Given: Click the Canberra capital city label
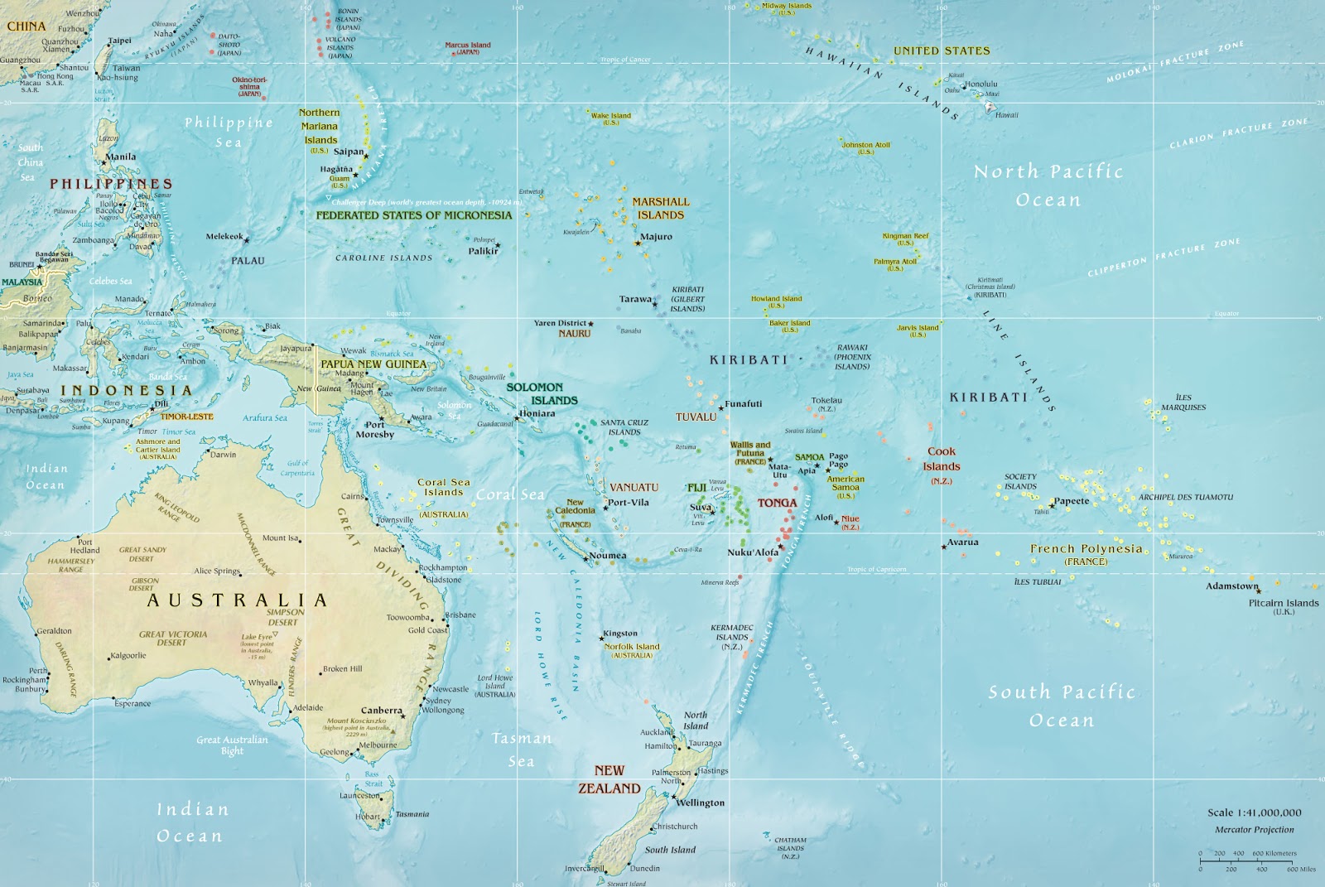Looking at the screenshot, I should pyautogui.click(x=381, y=711).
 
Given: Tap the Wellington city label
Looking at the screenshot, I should pyautogui.click(x=700, y=803).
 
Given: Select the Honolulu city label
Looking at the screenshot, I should pyautogui.click(x=981, y=84).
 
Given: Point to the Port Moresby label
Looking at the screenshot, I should pyautogui.click(x=374, y=429).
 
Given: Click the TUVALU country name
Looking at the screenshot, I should pyautogui.click(x=696, y=417).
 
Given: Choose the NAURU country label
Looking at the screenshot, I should pyautogui.click(x=574, y=334).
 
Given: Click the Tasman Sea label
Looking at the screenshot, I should pyautogui.click(x=521, y=749).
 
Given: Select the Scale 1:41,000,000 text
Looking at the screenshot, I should pyautogui.click(x=1254, y=812).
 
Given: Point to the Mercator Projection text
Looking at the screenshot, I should pyautogui.click(x=1254, y=829).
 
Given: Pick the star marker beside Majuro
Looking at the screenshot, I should pyautogui.click(x=638, y=243).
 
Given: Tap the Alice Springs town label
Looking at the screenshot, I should pyautogui.click(x=216, y=571).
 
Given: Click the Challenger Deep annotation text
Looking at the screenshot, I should pyautogui.click(x=426, y=202).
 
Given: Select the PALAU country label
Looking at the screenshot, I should pyautogui.click(x=248, y=261).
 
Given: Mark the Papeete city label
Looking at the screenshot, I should pyautogui.click(x=1072, y=501).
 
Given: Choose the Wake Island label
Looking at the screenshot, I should pyautogui.click(x=611, y=116).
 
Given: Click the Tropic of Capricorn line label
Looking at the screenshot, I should pyautogui.click(x=876, y=570).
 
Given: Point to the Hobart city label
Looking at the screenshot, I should pyautogui.click(x=368, y=817).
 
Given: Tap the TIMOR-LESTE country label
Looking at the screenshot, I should pyautogui.click(x=186, y=417).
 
